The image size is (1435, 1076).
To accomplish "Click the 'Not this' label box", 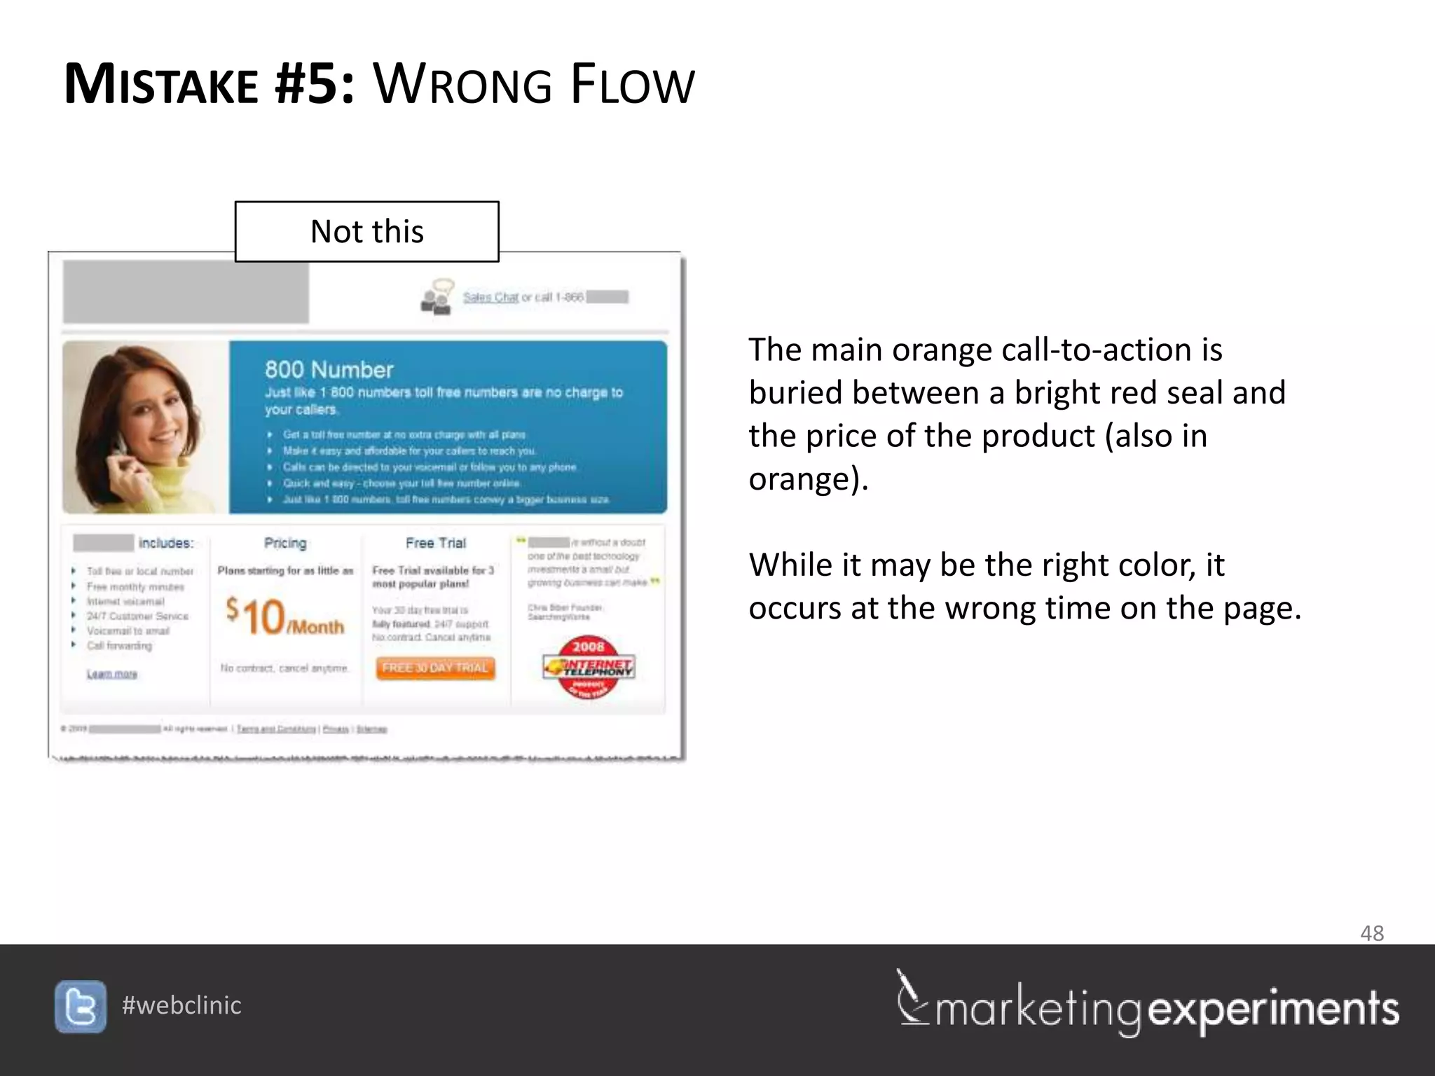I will click(x=366, y=232).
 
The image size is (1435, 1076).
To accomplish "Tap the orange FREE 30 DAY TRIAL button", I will click(x=435, y=668).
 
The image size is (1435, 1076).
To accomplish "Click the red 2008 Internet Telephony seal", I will click(x=589, y=668).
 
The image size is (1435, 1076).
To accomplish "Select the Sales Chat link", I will click(x=490, y=298).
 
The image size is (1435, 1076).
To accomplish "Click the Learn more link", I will click(x=112, y=674).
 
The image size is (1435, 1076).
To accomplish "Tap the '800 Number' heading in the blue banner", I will click(x=329, y=370).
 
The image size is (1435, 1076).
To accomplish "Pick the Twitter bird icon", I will click(x=81, y=1007).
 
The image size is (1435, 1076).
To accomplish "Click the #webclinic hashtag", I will click(x=181, y=1006).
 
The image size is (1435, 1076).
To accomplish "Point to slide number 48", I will click(x=1371, y=933).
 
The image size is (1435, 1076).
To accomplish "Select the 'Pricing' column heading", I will click(x=285, y=543).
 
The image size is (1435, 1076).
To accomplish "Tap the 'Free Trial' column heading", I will click(x=435, y=543).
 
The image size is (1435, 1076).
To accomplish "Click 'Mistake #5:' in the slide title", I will click(x=209, y=85).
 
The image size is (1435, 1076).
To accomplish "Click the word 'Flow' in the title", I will click(x=631, y=85).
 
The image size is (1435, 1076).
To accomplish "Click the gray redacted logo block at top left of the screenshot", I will click(x=186, y=291).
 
